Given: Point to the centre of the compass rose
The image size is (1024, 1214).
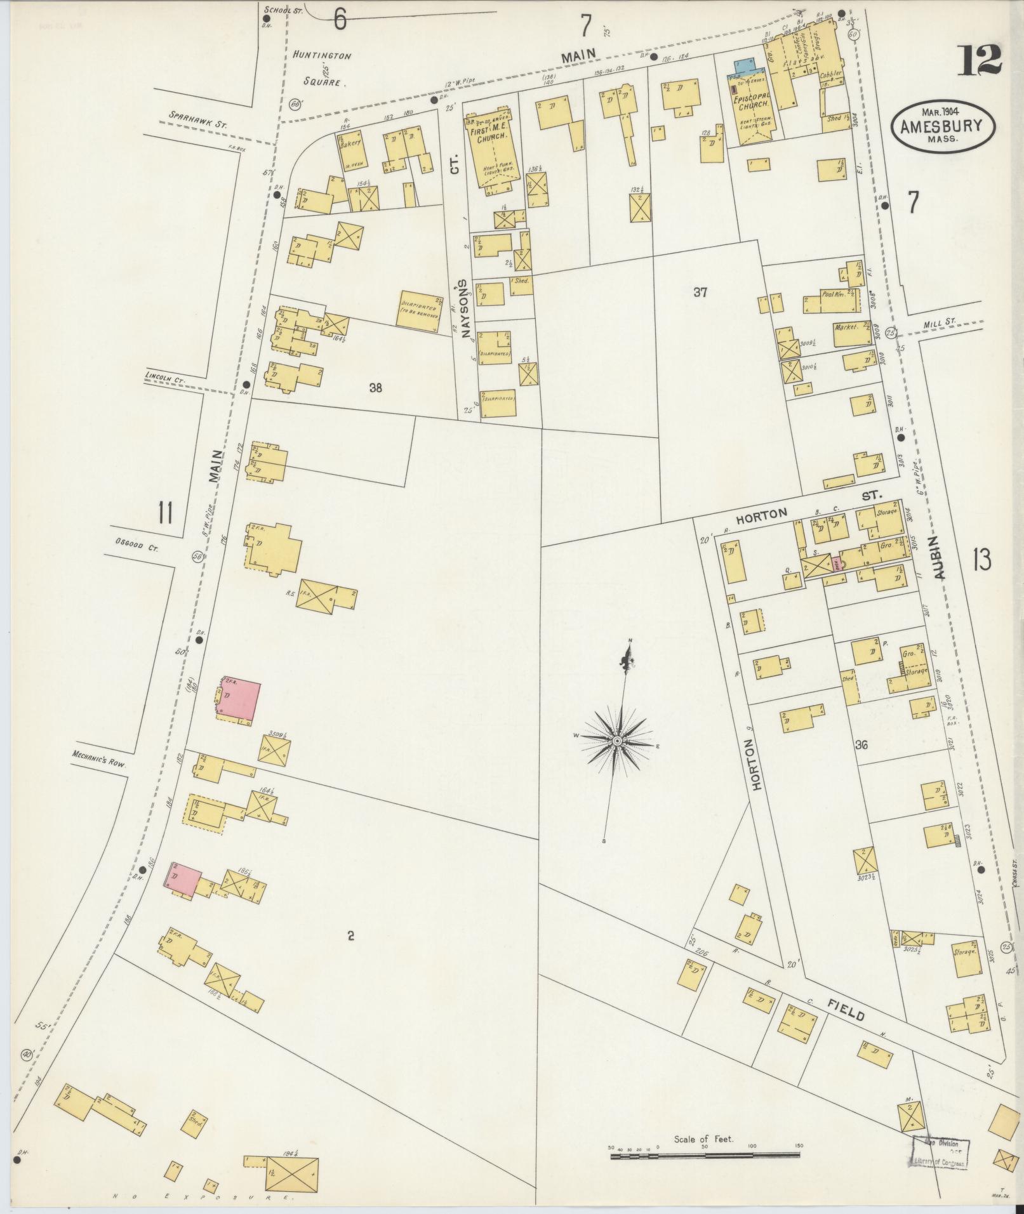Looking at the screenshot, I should pyautogui.click(x=617, y=741).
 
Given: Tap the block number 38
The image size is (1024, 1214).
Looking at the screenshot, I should pyautogui.click(x=376, y=388).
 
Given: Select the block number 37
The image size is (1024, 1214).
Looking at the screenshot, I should pyautogui.click(x=700, y=293).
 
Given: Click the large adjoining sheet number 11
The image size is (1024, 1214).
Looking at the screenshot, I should pyautogui.click(x=166, y=512).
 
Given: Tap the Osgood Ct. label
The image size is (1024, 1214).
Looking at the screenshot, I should pyautogui.click(x=136, y=542).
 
